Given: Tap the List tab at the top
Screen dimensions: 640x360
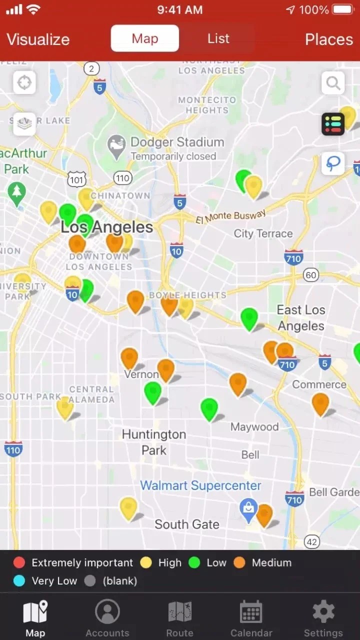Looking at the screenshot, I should (x=218, y=38).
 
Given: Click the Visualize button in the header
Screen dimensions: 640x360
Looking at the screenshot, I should (x=38, y=39).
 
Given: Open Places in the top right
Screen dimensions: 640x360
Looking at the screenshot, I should (x=329, y=39).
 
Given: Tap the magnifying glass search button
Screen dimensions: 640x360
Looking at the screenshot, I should (x=333, y=82).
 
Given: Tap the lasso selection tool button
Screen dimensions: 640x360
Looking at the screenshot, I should (x=333, y=163).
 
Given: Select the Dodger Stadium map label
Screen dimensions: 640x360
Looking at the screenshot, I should (x=177, y=142).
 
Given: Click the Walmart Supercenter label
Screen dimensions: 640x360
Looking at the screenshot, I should (x=200, y=485).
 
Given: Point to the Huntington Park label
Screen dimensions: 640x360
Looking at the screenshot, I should (x=154, y=442).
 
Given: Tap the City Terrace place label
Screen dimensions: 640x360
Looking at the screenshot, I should (x=263, y=233).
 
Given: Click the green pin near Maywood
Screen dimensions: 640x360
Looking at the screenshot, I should (x=209, y=408).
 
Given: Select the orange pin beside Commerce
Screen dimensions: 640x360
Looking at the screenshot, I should (x=320, y=403).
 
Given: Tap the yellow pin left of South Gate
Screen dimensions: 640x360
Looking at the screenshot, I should (x=128, y=507).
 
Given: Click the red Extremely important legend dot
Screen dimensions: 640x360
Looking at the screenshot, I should (x=19, y=562).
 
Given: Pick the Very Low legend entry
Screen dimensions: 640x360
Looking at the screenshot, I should (x=45, y=581).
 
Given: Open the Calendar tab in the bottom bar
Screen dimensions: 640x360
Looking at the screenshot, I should (x=251, y=619).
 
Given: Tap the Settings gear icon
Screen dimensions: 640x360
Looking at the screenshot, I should (x=323, y=612).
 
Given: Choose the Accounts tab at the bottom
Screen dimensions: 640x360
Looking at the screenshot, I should (x=107, y=619).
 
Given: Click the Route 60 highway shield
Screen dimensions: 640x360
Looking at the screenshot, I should (x=311, y=275).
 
